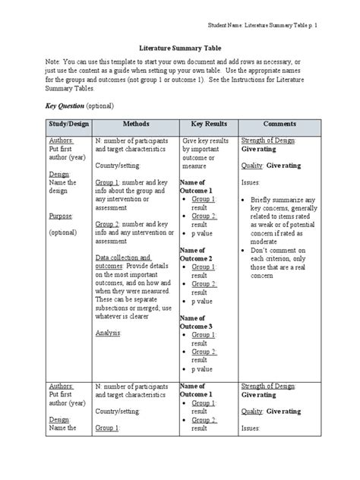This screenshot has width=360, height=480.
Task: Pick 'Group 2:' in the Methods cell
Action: tap(109, 225)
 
